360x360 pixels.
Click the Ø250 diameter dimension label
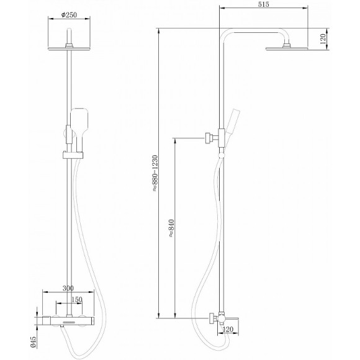coord(69,15)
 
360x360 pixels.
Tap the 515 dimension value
coord(263,4)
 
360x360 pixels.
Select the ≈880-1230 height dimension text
coord(155,173)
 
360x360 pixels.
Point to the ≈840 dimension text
coord(171,228)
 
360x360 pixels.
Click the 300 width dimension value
coord(68,289)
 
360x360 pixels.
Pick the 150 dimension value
coord(77,300)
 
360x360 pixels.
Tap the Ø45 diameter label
coord(33,342)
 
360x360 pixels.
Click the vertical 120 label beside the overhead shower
coord(323,39)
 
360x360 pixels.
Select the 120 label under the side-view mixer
coord(228,330)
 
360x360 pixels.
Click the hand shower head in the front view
coord(79,122)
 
